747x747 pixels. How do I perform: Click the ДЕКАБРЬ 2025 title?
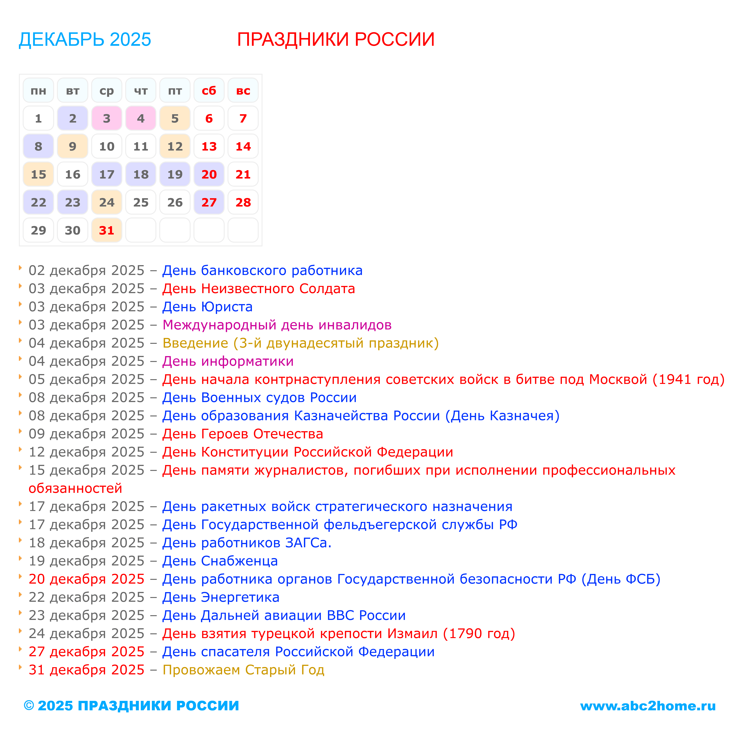(x=85, y=40)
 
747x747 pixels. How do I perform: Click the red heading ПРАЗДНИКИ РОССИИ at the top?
(x=336, y=40)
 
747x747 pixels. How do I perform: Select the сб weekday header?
(x=209, y=90)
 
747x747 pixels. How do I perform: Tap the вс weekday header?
(x=243, y=90)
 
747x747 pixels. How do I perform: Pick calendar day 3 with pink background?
(x=107, y=118)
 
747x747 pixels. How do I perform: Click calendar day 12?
(x=175, y=147)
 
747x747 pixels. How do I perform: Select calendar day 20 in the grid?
(x=209, y=174)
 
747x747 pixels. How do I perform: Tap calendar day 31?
(x=107, y=231)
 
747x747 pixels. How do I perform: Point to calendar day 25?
(x=141, y=202)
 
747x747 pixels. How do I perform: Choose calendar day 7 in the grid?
(x=243, y=118)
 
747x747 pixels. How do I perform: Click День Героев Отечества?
(x=242, y=434)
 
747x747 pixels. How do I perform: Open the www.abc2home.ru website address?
(x=648, y=706)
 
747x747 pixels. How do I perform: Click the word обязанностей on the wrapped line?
(x=75, y=488)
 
